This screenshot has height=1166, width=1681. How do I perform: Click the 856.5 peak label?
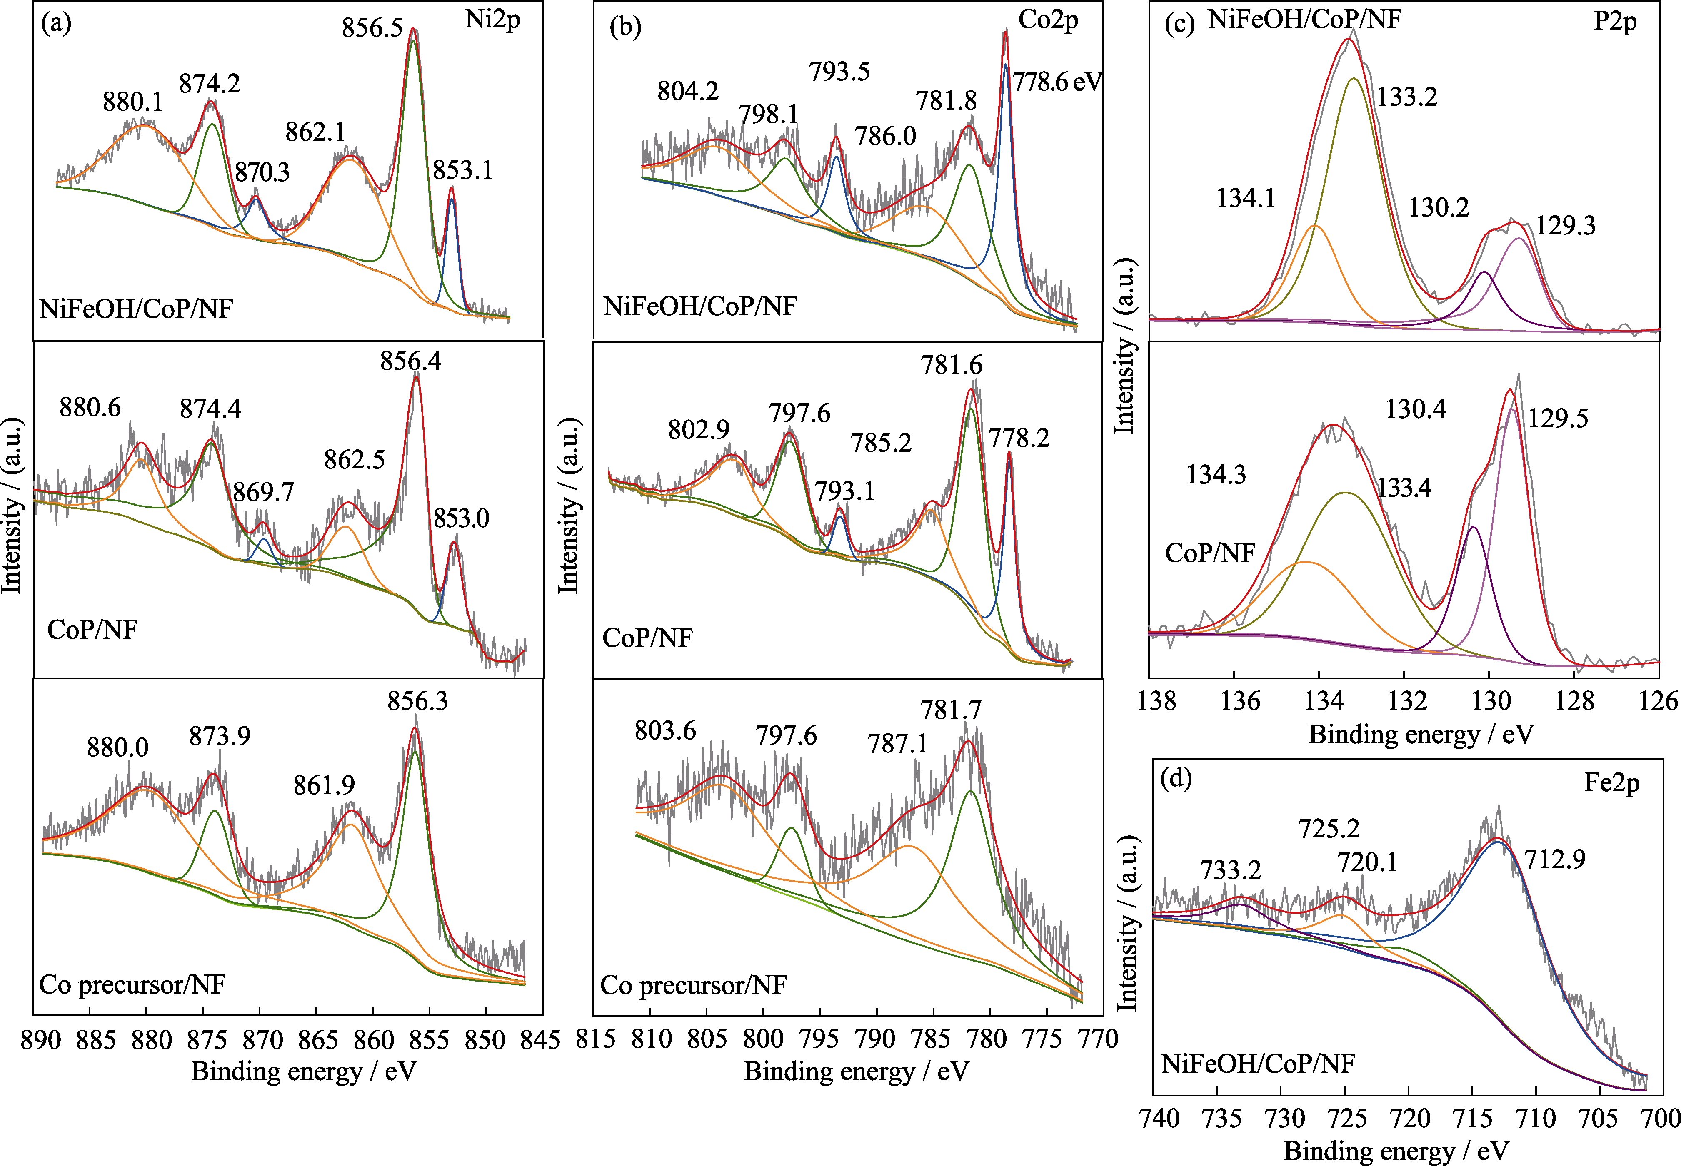372,28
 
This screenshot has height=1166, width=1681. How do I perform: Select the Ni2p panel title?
492,20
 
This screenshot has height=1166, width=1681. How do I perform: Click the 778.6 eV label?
1057,81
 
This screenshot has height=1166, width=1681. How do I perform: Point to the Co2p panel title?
1048,20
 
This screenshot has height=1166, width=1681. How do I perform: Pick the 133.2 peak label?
1407,97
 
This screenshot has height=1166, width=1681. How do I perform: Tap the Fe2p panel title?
1611,783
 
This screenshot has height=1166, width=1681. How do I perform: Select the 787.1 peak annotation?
897,744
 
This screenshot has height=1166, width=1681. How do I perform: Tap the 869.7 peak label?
263,492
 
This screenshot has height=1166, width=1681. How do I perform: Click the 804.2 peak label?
688,91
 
